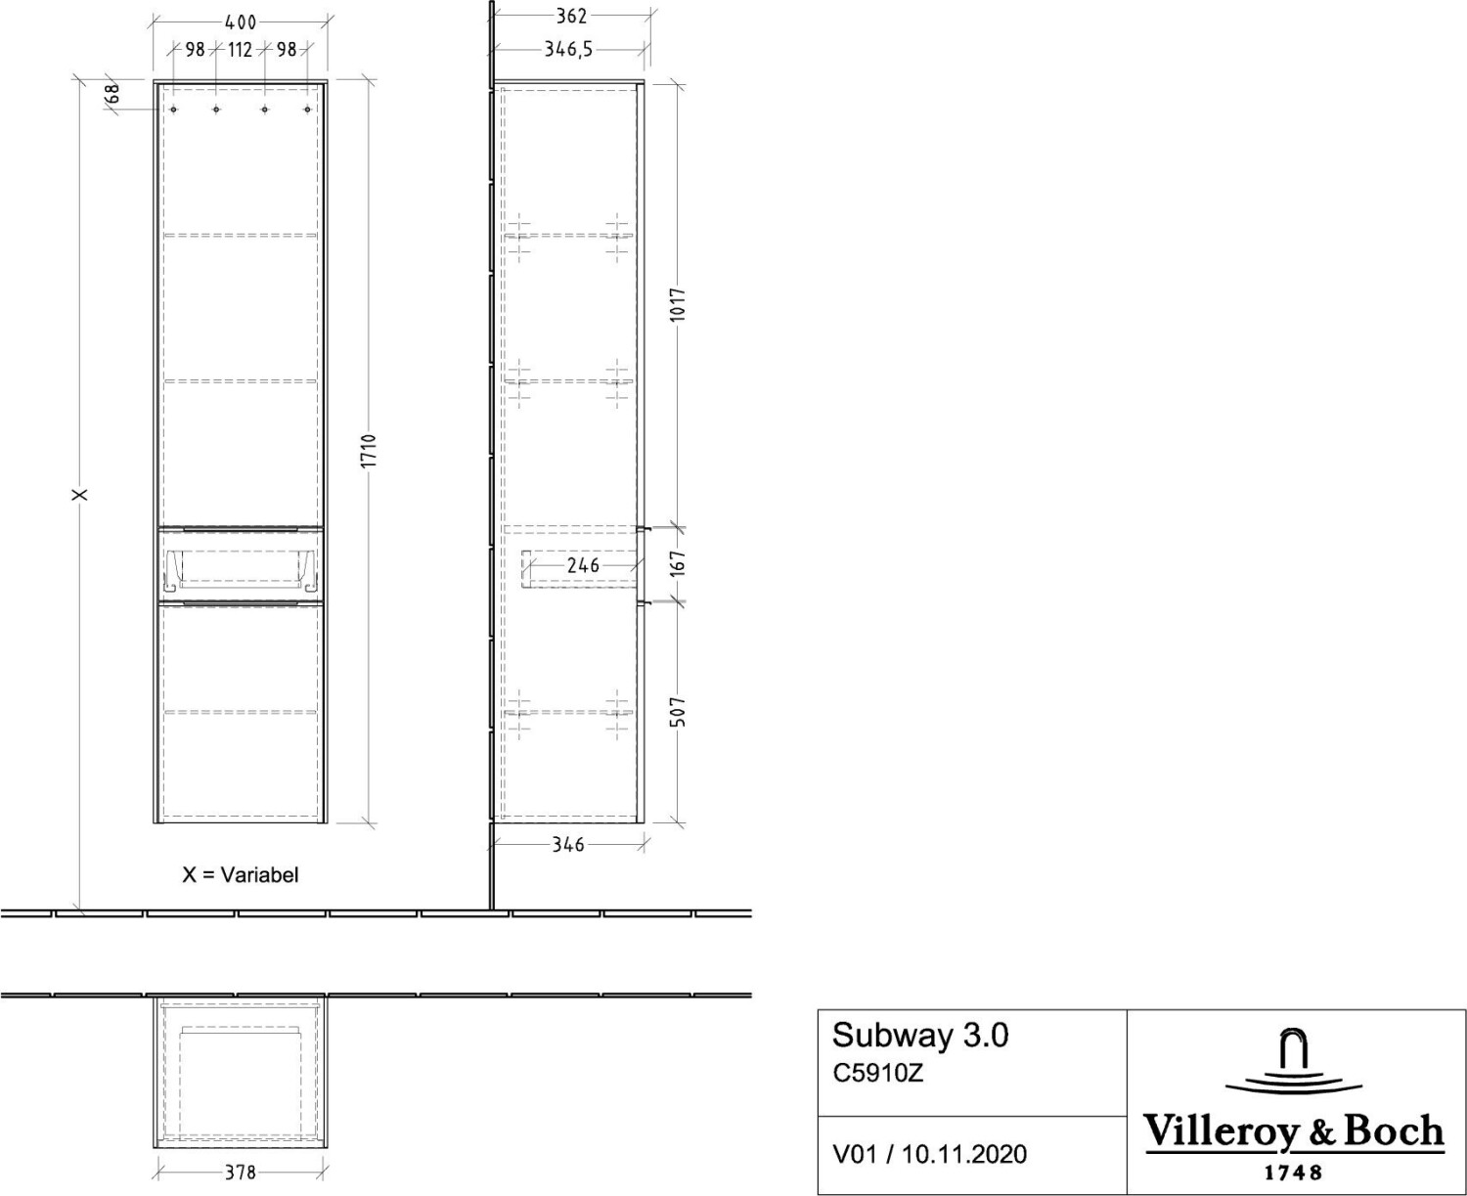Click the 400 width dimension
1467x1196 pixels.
tap(241, 22)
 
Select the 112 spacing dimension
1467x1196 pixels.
tap(240, 50)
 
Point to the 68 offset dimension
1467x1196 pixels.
tap(113, 93)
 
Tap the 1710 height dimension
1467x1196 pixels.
tap(369, 451)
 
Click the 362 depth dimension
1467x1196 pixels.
tap(571, 16)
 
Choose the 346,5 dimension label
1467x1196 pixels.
tap(569, 50)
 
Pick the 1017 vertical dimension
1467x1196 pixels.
tap(678, 304)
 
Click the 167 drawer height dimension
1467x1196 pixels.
tap(678, 563)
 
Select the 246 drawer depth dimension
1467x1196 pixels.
tap(583, 565)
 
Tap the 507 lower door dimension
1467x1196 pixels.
tap(678, 711)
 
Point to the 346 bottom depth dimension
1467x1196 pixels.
tap(568, 845)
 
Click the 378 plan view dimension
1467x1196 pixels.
tap(240, 1174)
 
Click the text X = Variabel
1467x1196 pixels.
tap(240, 874)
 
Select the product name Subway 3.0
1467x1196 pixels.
tap(920, 1036)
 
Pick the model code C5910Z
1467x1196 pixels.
tap(878, 1074)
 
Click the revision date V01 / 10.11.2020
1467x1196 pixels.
tap(929, 1154)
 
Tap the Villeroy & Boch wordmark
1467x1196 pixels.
tap(1294, 1132)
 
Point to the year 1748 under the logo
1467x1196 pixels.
tap(1293, 1174)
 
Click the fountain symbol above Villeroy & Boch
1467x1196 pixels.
tap(1294, 1065)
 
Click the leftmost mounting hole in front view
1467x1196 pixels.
tap(174, 110)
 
